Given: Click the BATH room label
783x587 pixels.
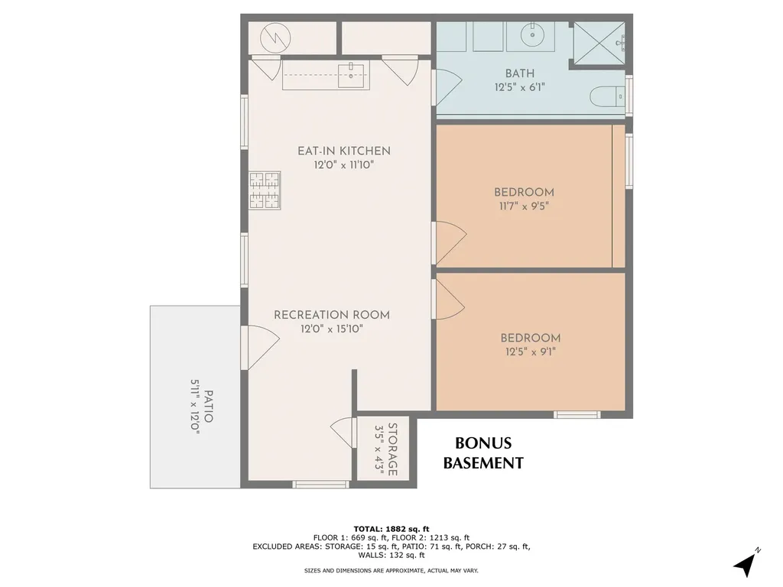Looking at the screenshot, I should (519, 73).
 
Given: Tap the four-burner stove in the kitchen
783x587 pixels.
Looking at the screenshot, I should (265, 190).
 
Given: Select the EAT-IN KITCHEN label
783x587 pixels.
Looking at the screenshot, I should (343, 151).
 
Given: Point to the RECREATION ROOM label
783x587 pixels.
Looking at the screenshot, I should (331, 315).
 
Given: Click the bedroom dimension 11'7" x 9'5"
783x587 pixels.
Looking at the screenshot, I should (524, 206).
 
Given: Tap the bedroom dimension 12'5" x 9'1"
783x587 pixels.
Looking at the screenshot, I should (530, 352).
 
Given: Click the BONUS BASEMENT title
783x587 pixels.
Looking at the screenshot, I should (483, 453).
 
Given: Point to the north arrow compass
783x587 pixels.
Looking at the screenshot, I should (745, 563).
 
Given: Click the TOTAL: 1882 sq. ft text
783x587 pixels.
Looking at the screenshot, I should (391, 528).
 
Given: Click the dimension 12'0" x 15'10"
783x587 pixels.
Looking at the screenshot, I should (331, 329).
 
